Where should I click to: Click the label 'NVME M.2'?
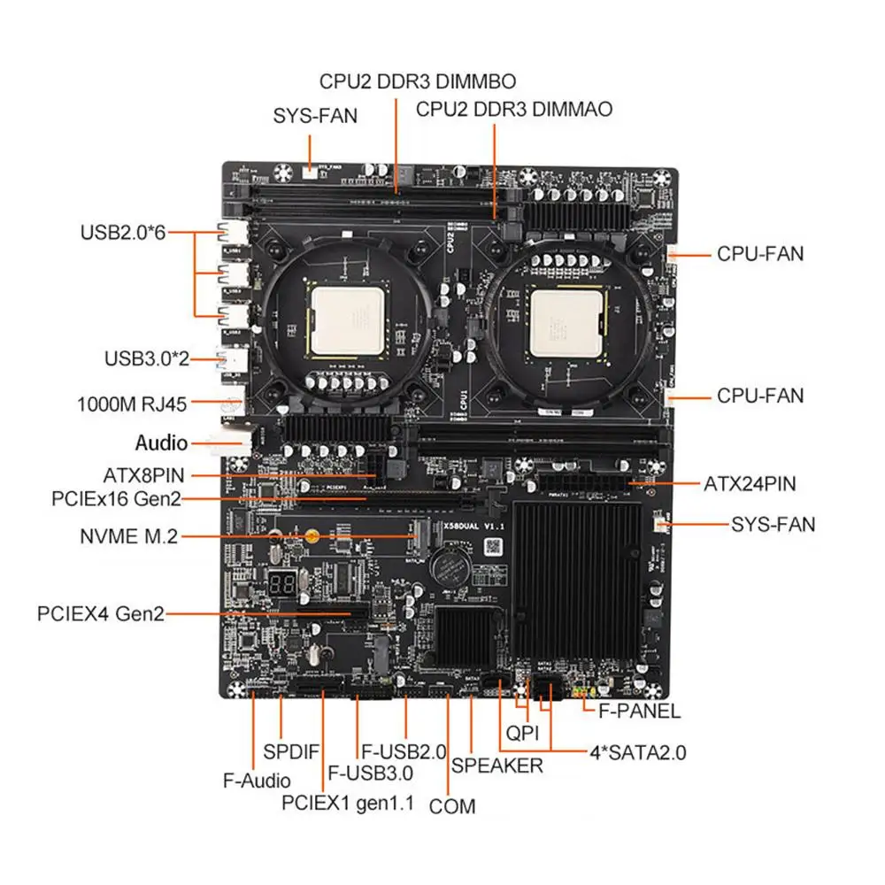[x=127, y=536]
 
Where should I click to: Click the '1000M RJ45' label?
[x=134, y=405]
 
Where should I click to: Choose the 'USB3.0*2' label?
[x=146, y=359]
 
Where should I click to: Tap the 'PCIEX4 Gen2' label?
[x=101, y=613]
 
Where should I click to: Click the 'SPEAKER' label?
[x=497, y=766]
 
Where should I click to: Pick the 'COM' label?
[x=452, y=806]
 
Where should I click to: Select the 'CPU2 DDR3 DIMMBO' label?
[x=418, y=81]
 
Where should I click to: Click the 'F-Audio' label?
[x=256, y=781]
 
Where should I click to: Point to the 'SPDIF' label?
[x=291, y=752]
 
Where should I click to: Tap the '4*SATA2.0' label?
[x=638, y=754]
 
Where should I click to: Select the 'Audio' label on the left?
[x=161, y=442]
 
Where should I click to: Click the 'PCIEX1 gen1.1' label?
[x=348, y=804]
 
